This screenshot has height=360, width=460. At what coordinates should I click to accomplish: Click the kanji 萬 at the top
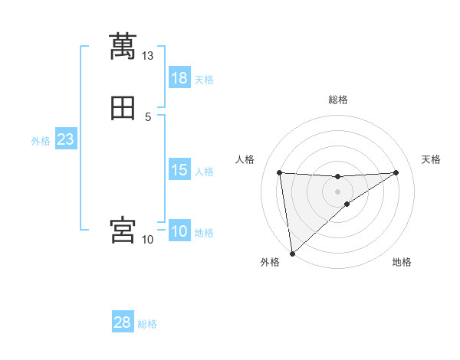tap(123, 47)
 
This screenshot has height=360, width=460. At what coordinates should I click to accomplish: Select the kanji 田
tap(123, 110)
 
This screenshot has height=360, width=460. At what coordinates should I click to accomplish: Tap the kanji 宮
tap(123, 231)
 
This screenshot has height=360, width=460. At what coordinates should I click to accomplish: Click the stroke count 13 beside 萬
tap(148, 56)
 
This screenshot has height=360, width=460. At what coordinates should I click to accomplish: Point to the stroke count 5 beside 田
tap(148, 117)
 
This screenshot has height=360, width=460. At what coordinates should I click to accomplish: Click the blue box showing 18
tap(179, 78)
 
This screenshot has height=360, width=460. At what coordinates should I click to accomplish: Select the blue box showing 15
tap(179, 170)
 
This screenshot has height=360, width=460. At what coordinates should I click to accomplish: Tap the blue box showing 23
tap(66, 140)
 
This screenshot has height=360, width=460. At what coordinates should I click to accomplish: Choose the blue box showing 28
tap(123, 322)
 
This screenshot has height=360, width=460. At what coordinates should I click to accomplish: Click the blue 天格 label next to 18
tap(204, 80)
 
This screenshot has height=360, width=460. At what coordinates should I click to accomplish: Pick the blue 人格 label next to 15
tap(204, 172)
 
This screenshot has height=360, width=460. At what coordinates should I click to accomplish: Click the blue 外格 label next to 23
tap(41, 141)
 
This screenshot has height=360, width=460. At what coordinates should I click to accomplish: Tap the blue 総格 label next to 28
tap(147, 324)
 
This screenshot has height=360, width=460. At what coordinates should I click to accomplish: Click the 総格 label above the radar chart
tap(338, 100)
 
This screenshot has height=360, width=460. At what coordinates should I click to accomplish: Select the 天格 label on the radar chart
tap(432, 159)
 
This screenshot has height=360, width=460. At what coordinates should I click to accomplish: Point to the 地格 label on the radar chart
tap(402, 262)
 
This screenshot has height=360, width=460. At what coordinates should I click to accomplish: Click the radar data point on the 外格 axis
tap(292, 254)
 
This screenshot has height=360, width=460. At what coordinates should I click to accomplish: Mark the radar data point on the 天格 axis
tap(396, 172)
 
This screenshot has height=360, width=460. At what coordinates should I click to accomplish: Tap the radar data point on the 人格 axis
tap(280, 172)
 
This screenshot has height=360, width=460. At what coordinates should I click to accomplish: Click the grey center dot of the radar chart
tap(338, 191)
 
